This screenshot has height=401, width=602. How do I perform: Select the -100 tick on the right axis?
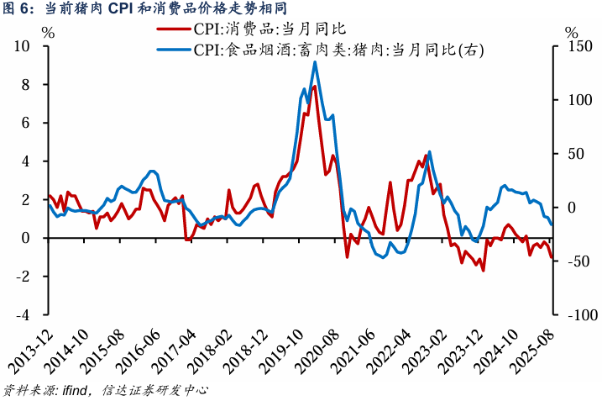click(x=573, y=314)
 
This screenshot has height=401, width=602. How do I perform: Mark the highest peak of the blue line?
click(x=315, y=61)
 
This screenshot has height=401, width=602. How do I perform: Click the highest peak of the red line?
click(x=314, y=87)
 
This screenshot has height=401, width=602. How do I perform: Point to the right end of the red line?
click(x=552, y=258)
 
